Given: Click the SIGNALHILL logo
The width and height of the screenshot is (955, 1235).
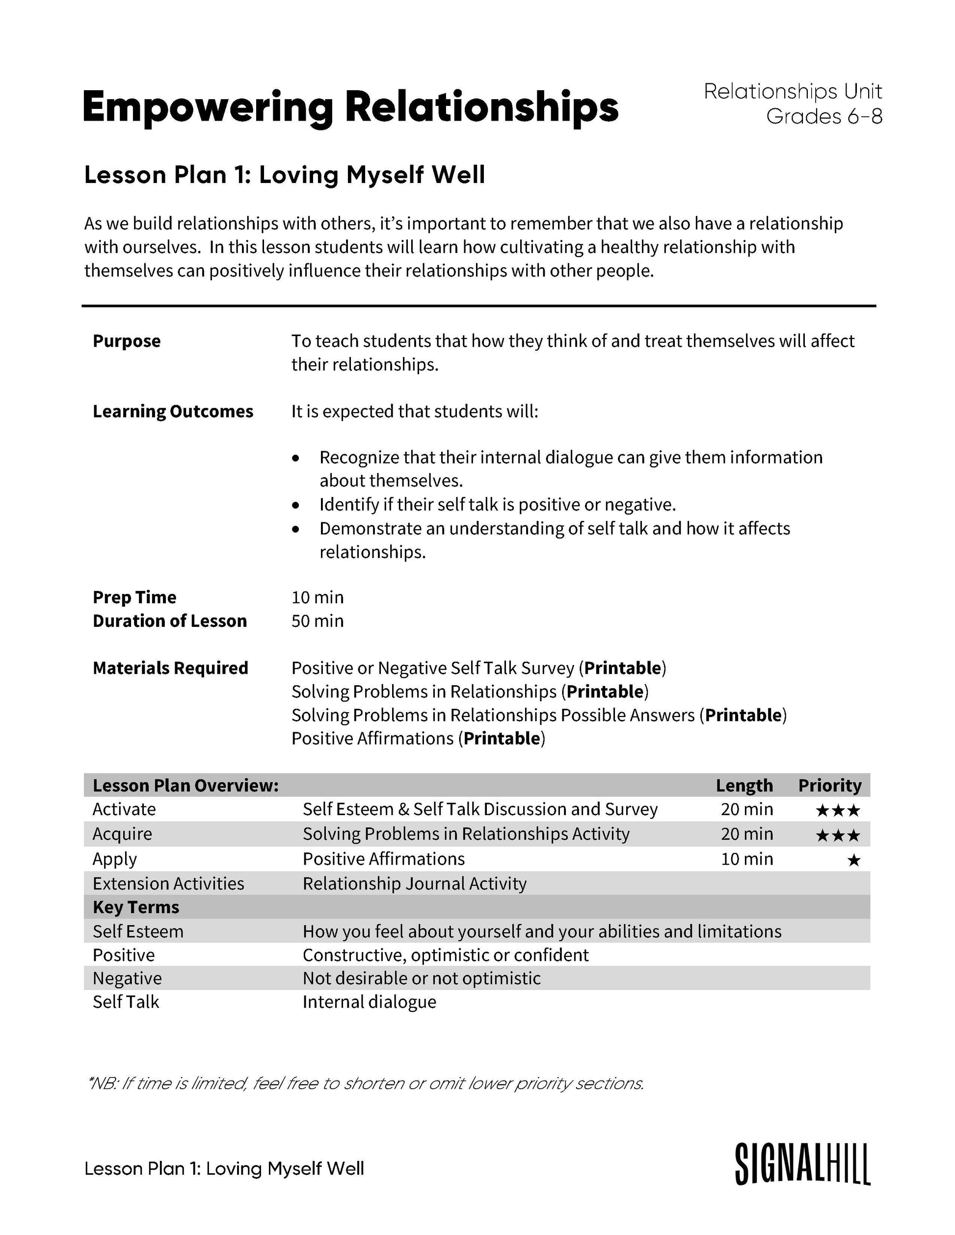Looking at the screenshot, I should coord(802,1164).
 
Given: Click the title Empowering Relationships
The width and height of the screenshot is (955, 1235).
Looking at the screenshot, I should coord(350,107).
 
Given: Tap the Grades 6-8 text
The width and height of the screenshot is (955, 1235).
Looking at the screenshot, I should coord(824,117).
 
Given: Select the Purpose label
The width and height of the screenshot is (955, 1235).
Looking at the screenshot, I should coord(127,341).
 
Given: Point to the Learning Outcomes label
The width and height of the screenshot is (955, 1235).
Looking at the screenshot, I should coord(173,411).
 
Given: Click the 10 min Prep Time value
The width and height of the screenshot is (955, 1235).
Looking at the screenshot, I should coord(318,597).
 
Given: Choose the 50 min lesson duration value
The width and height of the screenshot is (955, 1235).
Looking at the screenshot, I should coord(318,621).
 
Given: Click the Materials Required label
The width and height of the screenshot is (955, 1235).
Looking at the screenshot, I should coord(170,668).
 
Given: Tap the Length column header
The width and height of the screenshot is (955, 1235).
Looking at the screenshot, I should coord(744,785).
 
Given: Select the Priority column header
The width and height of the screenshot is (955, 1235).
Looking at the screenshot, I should coord(829,785).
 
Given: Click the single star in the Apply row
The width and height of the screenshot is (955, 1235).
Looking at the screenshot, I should coord(854,861).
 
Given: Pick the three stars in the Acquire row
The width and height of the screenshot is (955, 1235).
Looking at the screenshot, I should coord(838,836).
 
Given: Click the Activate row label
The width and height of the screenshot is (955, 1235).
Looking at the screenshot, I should coord(124,809).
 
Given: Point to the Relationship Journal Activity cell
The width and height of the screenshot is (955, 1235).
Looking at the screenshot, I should coord(414,883).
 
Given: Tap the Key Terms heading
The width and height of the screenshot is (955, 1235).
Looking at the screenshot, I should coord(136,907).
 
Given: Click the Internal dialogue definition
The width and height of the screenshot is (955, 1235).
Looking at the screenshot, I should coord(370,1002).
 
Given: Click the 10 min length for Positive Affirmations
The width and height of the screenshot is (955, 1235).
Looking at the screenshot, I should coord(747,859).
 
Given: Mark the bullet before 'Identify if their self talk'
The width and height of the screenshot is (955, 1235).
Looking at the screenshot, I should coord(295,504).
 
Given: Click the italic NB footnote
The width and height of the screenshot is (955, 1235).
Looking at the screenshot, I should coord(365,1083).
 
